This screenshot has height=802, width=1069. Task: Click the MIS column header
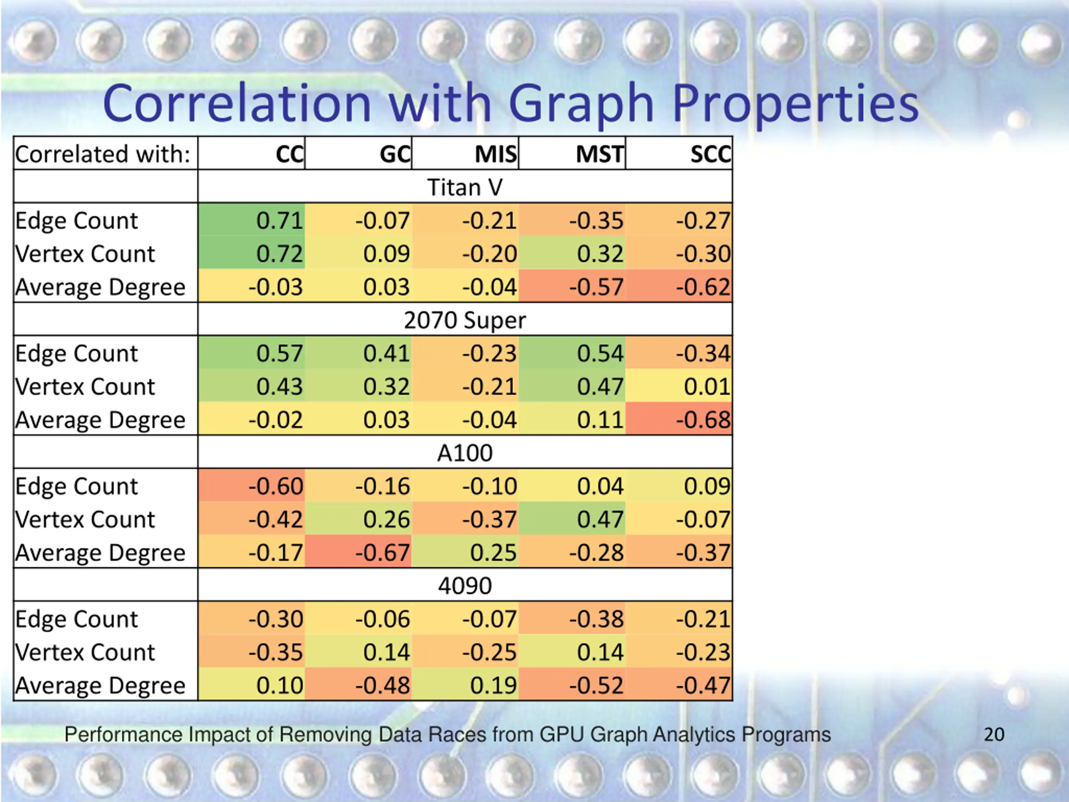tap(495, 155)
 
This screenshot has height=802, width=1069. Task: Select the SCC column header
tap(710, 155)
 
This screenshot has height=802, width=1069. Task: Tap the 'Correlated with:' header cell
tap(103, 155)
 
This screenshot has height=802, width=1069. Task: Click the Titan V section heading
tap(465, 188)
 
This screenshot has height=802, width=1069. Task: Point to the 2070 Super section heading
tap(465, 320)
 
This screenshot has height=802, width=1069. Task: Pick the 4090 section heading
tap(465, 586)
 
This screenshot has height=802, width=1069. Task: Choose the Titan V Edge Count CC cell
tap(279, 221)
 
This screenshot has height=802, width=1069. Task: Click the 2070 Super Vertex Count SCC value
tap(707, 387)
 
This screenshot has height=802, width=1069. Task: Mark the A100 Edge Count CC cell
tap(276, 486)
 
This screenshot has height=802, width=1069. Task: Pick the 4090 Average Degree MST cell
tap(596, 685)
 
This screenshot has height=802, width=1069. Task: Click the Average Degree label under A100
tap(100, 553)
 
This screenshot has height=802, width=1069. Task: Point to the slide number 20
tap(994, 735)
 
